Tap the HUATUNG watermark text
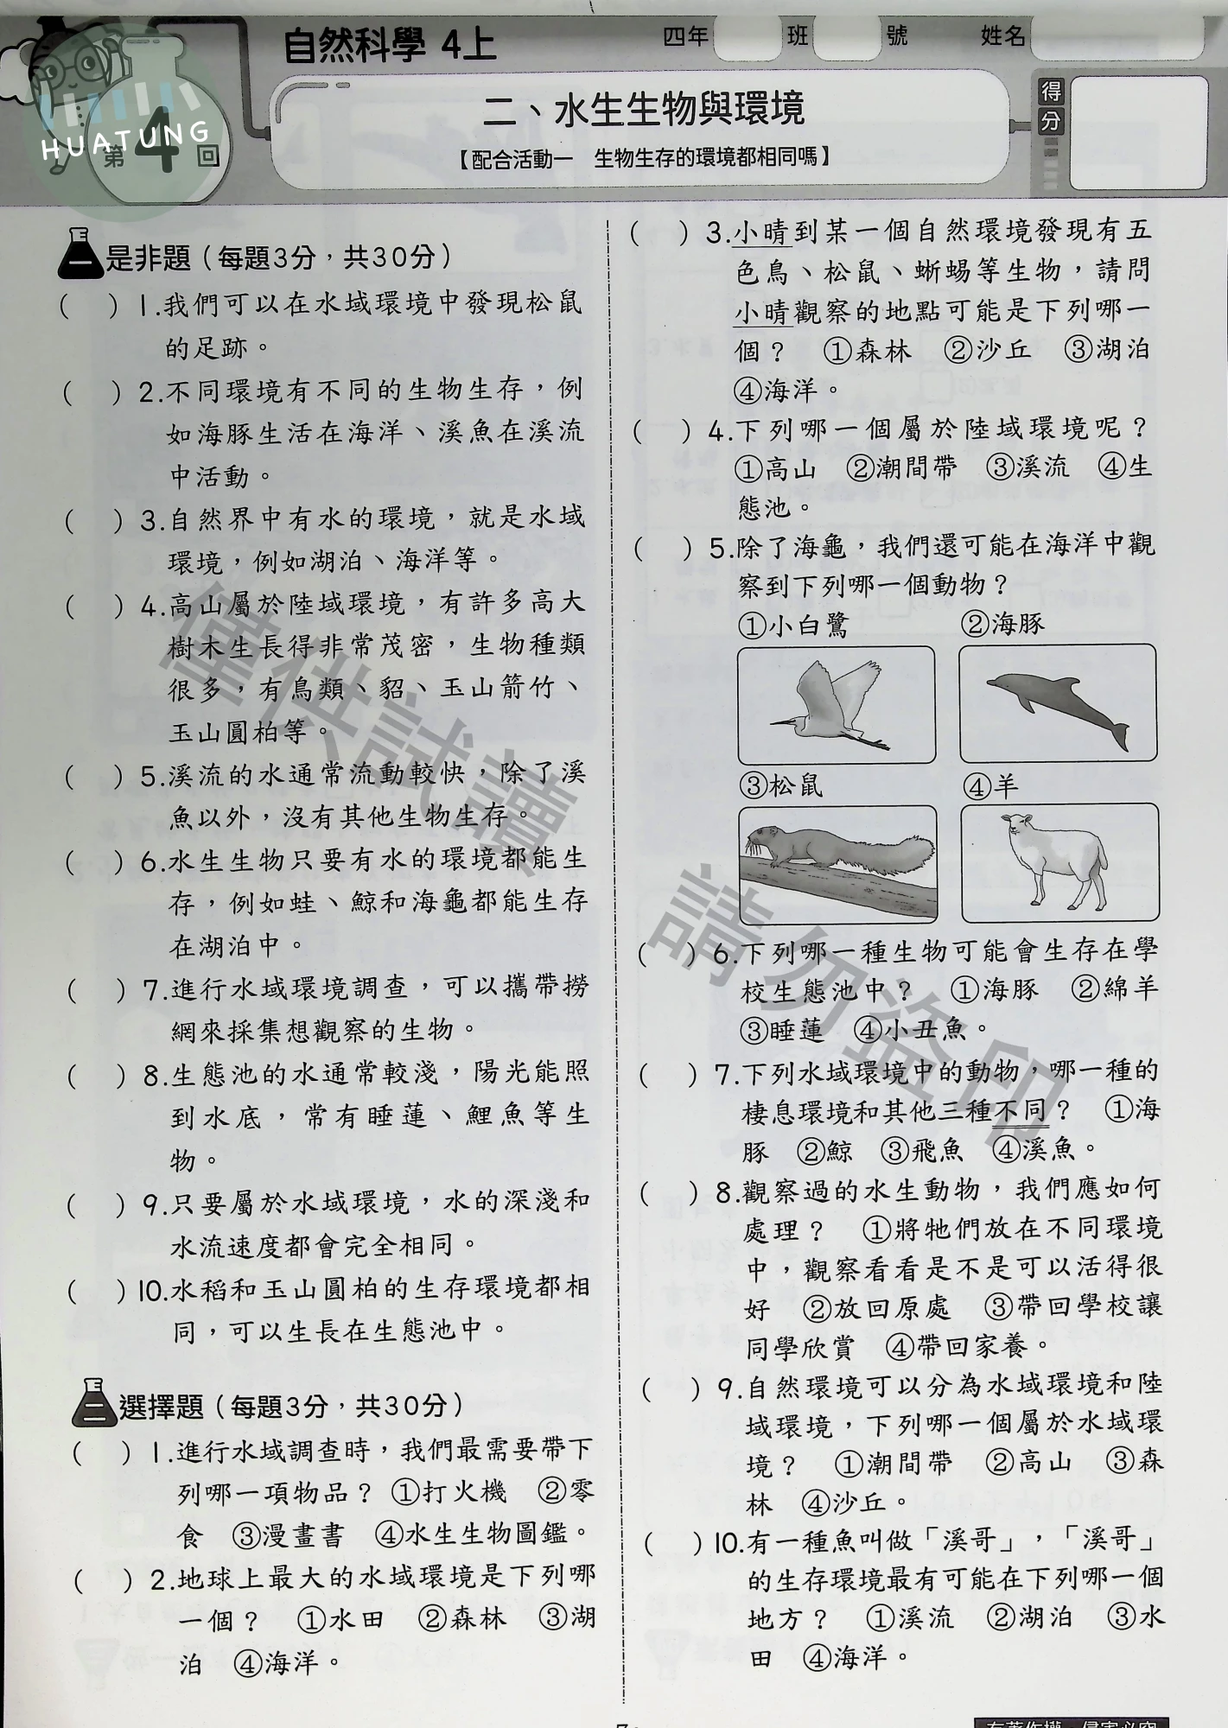pyautogui.click(x=126, y=142)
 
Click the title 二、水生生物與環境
pyautogui.click(x=644, y=110)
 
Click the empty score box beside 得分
pyautogui.click(x=1138, y=132)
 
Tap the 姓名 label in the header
pyautogui.click(x=1003, y=36)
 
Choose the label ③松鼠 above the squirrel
pyautogui.click(x=782, y=785)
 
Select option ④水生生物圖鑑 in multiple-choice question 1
pyautogui.click(x=484, y=1534)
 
